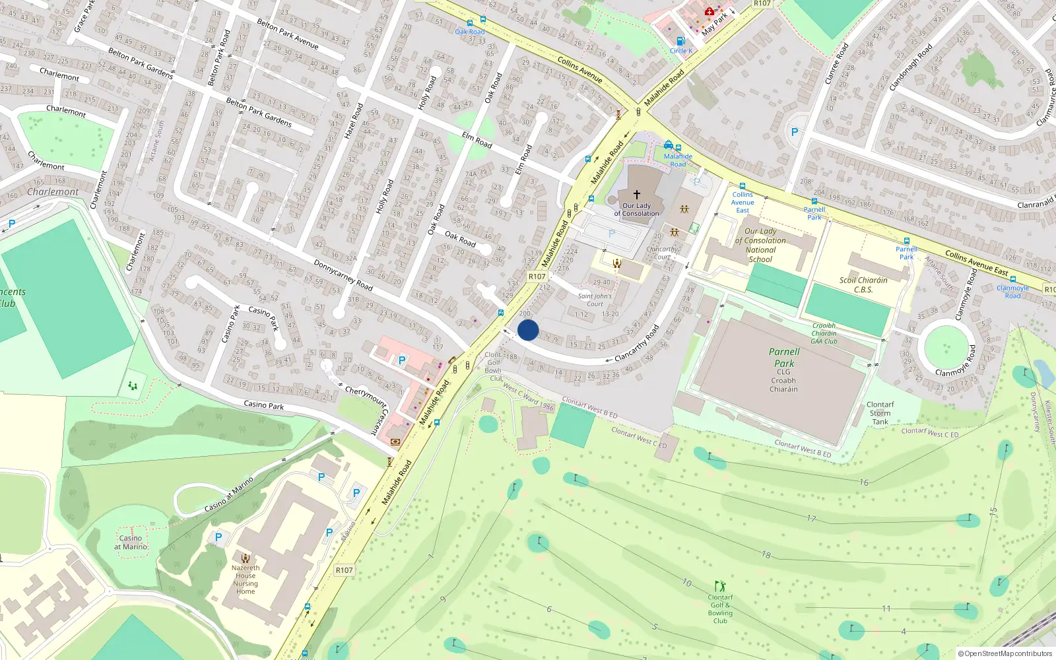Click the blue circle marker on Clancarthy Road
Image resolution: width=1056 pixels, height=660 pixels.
tap(528, 330)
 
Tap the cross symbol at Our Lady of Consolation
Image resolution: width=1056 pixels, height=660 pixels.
tap(637, 195)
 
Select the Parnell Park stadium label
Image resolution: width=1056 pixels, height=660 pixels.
tap(784, 358)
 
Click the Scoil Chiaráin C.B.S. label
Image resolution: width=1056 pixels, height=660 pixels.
tap(863, 284)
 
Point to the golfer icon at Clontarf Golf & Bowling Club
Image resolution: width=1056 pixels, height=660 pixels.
tap(720, 586)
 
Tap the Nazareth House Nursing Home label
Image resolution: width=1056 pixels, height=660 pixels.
tap(246, 579)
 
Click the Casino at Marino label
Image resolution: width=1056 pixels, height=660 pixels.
tap(131, 542)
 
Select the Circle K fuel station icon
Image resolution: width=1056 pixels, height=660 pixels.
tap(680, 41)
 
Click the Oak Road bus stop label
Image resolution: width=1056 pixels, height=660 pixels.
tap(469, 32)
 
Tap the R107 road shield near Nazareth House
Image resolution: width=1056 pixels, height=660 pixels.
tap(344, 570)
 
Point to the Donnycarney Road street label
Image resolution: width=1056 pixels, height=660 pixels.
tap(343, 275)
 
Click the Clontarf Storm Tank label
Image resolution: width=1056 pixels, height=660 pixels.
tap(880, 413)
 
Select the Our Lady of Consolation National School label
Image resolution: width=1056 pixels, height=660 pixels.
tap(760, 245)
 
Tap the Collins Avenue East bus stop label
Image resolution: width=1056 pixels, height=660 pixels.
tap(742, 202)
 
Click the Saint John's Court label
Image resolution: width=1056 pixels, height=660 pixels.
tap(595, 300)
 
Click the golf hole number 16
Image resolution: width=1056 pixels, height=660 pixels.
tap(864, 482)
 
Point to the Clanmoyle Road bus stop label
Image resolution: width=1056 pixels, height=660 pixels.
tap(1012, 292)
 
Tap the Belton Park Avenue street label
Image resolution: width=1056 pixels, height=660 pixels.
tap(288, 34)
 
